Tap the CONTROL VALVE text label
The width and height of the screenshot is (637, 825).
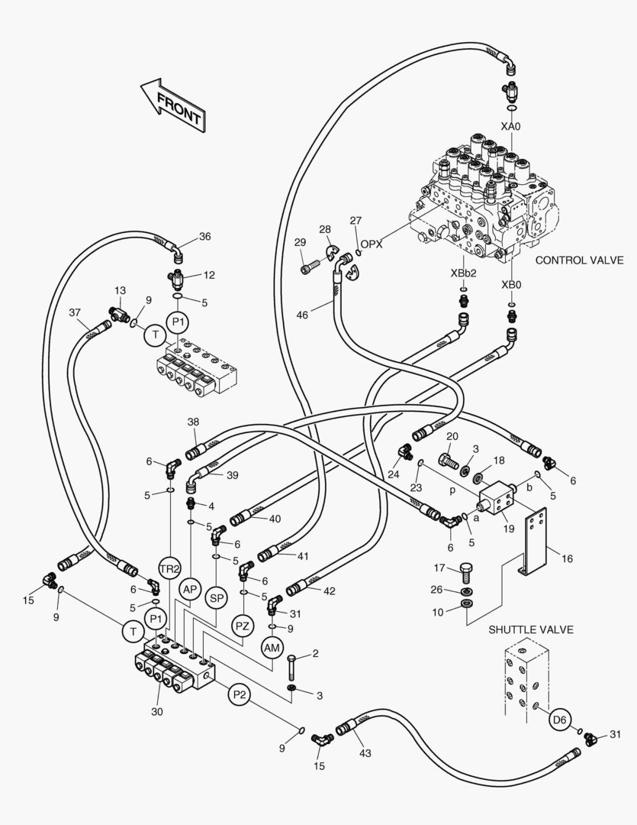579,260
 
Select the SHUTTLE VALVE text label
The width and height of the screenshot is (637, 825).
531,630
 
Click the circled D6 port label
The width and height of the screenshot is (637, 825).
560,719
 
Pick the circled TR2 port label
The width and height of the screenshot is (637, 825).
169,569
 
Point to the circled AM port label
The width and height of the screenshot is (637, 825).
272,648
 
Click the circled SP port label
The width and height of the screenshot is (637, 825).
216,598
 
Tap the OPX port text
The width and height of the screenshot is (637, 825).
372,244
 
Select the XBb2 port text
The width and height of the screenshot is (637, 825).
463,272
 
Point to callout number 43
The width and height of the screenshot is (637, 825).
365,753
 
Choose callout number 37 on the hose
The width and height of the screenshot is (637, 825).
74,312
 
